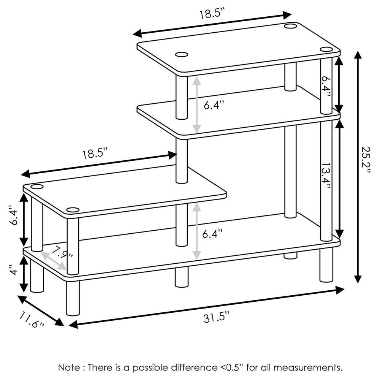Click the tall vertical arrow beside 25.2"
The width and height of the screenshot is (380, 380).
(357, 167)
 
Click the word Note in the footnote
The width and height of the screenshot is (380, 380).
(68, 367)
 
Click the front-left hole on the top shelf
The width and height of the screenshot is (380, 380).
(182, 55)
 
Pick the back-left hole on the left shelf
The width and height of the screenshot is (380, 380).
(37, 187)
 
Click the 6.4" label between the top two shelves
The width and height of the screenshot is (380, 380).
(214, 105)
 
